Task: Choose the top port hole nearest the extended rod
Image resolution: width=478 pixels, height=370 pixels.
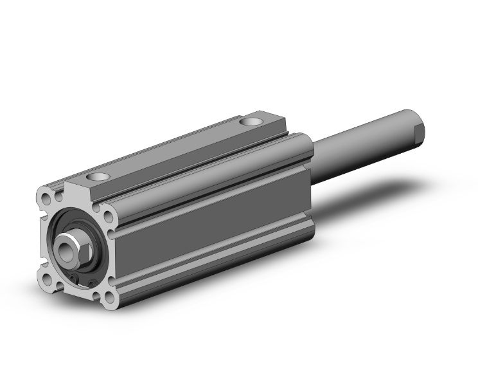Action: tap(251, 121)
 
